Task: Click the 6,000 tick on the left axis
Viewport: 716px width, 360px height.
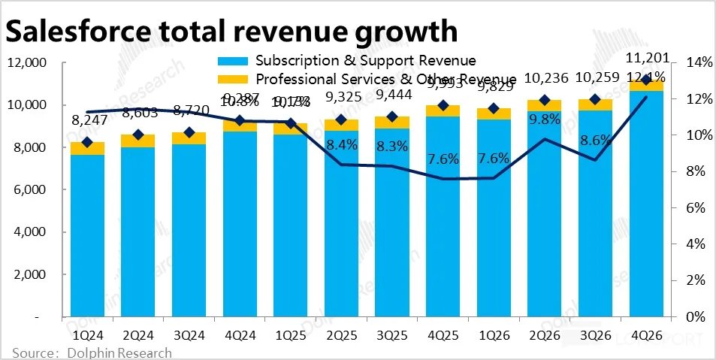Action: (31, 191)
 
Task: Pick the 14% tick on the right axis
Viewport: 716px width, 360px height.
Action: (694, 63)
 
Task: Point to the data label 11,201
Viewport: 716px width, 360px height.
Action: (645, 59)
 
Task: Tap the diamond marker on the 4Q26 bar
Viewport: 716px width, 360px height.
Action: (645, 80)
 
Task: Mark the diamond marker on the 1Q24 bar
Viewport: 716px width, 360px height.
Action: (88, 142)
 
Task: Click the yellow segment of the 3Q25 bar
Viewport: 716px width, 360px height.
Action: (391, 123)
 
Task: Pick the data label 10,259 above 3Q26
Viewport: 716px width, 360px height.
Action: (594, 79)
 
